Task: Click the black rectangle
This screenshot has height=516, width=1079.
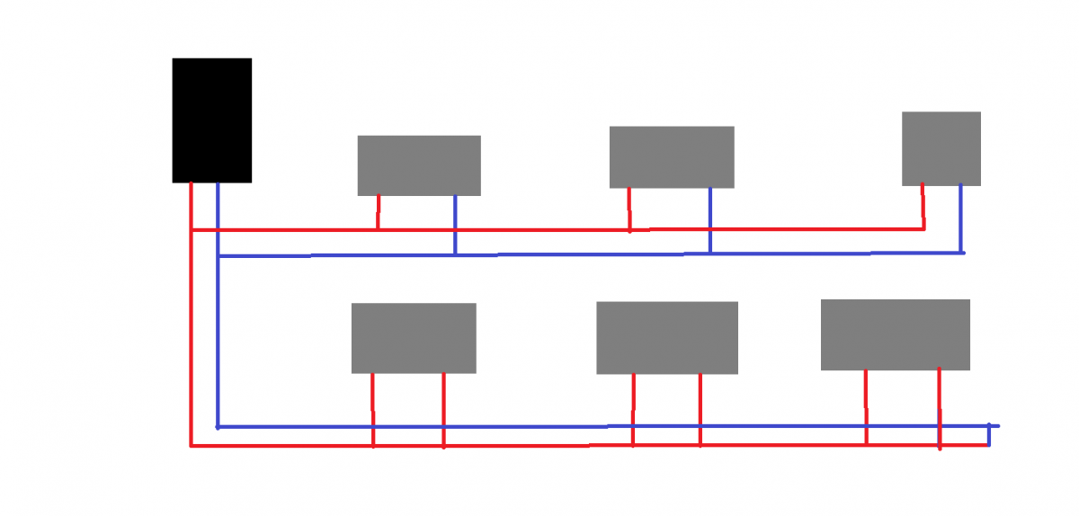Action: [211, 120]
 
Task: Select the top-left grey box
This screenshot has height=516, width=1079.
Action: [419, 165]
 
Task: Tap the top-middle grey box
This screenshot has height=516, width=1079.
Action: [672, 157]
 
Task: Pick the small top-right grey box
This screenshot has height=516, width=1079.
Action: [941, 148]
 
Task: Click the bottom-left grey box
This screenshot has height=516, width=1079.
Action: [413, 338]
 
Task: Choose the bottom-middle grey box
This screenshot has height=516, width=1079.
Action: [667, 338]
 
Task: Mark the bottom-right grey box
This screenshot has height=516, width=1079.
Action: [895, 334]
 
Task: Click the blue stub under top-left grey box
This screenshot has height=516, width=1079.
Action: [455, 225]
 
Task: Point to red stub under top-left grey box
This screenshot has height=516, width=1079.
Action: [378, 212]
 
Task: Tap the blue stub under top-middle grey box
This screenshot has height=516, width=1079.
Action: [710, 220]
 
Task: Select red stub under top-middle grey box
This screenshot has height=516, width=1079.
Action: [629, 209]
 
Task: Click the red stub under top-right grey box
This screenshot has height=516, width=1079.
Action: [923, 207]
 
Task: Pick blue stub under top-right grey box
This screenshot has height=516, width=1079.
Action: [961, 218]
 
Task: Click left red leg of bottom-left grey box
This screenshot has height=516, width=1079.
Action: [372, 409]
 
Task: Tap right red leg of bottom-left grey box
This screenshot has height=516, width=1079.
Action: [443, 409]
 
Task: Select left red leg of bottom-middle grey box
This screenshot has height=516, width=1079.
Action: [633, 409]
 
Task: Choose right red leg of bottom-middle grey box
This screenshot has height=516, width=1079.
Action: [700, 409]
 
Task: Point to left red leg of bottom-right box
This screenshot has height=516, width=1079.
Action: [866, 406]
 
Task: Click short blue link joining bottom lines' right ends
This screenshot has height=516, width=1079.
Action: [988, 435]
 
